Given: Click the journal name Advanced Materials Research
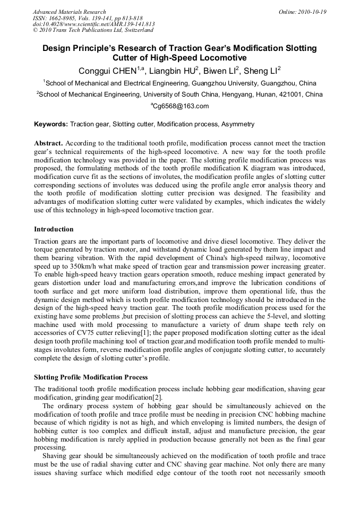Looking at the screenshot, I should tap(70, 12).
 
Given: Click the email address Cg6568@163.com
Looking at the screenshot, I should tap(181, 106).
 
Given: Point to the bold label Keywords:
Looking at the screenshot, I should tap(51, 124).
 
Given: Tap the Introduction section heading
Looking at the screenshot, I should tap(54, 229).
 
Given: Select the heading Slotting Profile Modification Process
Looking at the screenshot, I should tap(91, 377).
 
